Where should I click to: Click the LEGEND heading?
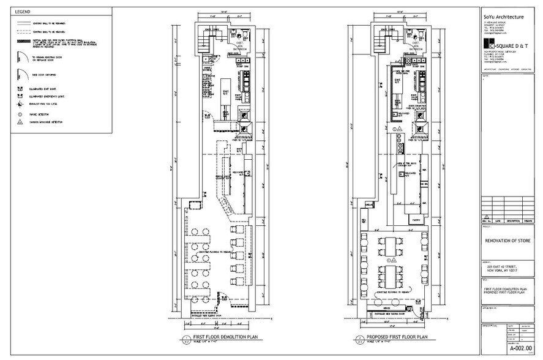click(23, 12)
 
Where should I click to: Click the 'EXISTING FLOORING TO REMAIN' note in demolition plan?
click(216, 252)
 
